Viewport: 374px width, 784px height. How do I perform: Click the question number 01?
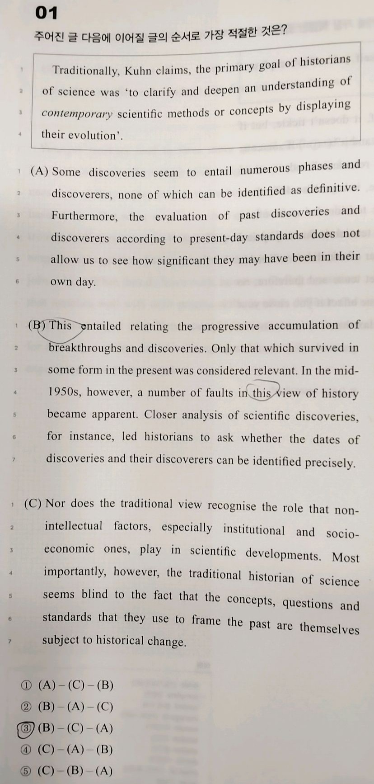tap(47, 13)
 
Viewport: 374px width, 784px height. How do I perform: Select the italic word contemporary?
tap(77, 113)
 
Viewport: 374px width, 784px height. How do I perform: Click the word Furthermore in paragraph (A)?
tap(84, 216)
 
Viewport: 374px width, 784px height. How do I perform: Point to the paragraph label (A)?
tap(39, 172)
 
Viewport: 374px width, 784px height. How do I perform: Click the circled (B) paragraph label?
tap(37, 325)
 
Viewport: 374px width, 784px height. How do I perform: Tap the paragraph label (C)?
tap(33, 503)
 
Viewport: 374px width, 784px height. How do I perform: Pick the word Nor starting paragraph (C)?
tap(55, 503)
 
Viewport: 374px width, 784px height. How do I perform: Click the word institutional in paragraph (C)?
tap(254, 529)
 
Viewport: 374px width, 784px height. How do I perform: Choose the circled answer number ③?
tap(26, 728)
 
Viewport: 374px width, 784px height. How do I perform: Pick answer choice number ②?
tap(26, 706)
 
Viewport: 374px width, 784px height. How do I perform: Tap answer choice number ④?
tap(26, 749)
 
